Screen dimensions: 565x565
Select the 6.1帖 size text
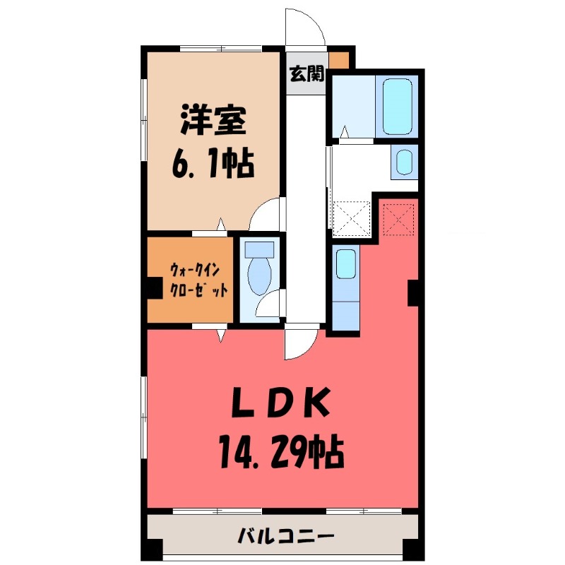[x=212, y=167]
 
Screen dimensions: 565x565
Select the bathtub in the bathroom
[x=397, y=107]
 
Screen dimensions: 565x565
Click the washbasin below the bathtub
[x=405, y=162]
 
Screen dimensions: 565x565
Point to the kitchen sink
[x=345, y=263]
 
